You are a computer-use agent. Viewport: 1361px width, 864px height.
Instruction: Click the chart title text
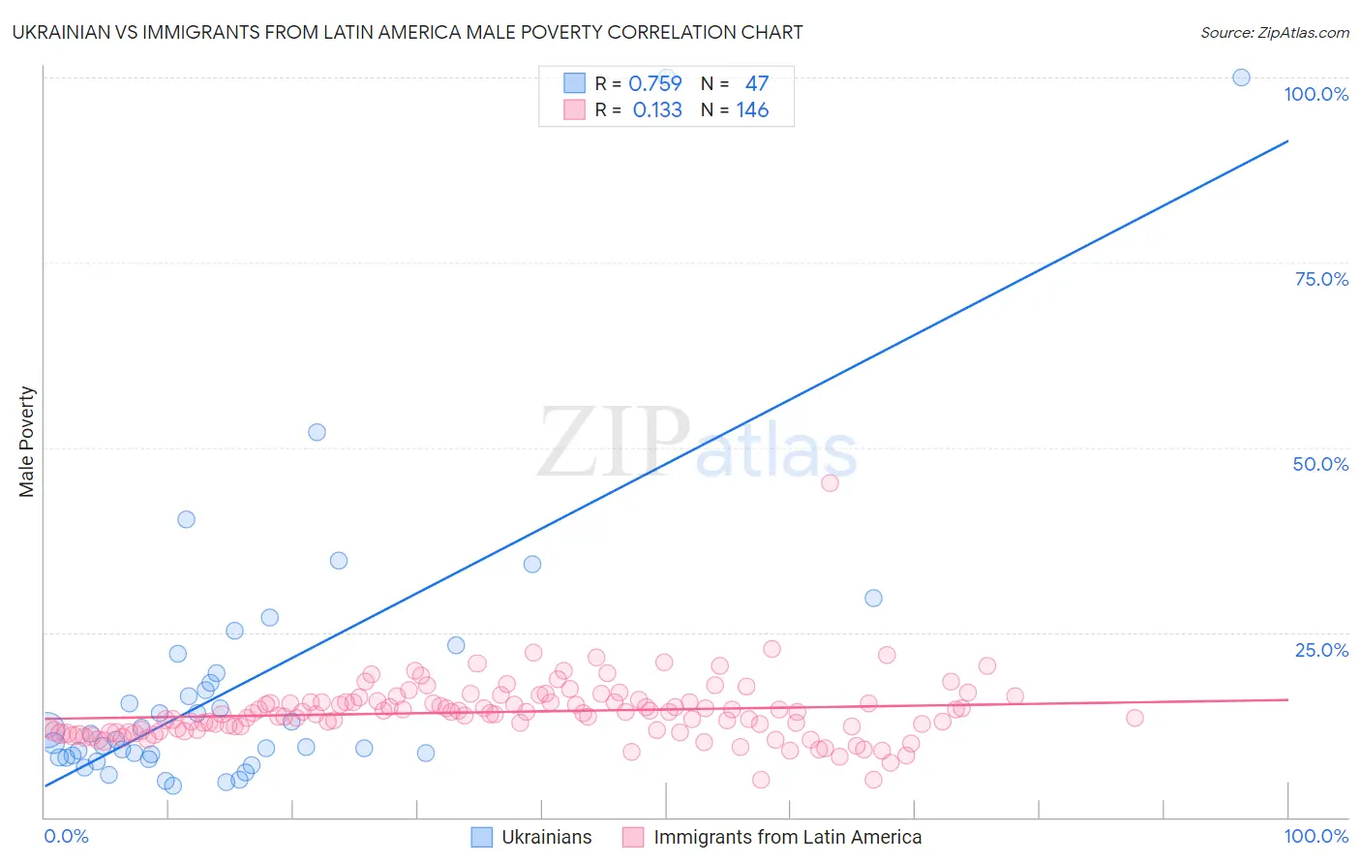pos(408,32)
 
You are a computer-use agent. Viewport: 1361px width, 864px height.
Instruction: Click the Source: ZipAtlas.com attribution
pos(1274,32)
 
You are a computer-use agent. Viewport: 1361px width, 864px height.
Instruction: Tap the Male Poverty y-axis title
pos(27,442)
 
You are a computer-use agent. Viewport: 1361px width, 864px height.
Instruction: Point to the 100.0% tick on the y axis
pos(1316,94)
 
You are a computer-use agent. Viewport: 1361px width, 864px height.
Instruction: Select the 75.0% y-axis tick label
pos(1321,279)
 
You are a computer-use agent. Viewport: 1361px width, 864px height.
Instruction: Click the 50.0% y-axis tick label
pos(1320,464)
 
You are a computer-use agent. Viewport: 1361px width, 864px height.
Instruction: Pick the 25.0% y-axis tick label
pos(1321,650)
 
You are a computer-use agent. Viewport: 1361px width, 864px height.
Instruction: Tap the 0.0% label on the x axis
pos(66,836)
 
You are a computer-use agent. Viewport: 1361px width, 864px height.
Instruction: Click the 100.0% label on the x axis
pos(1316,836)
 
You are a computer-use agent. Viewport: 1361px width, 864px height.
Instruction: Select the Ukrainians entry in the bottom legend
pos(546,837)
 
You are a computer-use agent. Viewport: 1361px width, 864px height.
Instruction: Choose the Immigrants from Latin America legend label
pos(787,837)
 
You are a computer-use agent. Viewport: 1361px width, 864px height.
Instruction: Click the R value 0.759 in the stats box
pos(655,83)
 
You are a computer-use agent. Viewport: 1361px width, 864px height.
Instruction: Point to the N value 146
pos(752,110)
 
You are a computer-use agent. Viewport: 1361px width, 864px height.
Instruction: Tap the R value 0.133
pos(657,110)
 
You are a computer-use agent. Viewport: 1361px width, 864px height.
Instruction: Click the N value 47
pos(756,83)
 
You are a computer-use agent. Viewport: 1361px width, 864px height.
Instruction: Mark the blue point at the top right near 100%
pos(1241,77)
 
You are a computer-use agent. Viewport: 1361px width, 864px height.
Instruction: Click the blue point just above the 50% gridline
pos(317,432)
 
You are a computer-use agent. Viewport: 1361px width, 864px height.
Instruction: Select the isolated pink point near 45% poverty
pos(830,482)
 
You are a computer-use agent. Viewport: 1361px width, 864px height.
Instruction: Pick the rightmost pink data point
pos(1134,718)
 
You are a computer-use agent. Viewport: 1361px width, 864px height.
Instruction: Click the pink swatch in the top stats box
pos(574,109)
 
